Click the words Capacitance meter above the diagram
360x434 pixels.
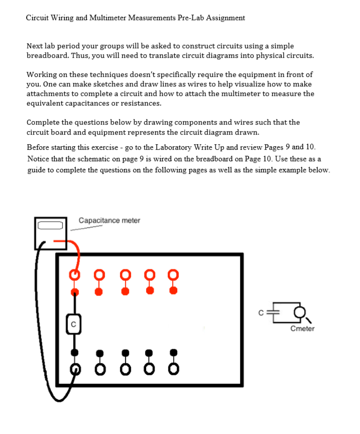109,221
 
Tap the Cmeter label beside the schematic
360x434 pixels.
302,329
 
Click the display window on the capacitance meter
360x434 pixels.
50,225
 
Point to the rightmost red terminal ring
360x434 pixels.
173,275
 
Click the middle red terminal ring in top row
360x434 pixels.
124,275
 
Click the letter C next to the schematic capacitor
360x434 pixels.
261,312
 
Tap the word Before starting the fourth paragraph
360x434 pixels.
39,147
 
